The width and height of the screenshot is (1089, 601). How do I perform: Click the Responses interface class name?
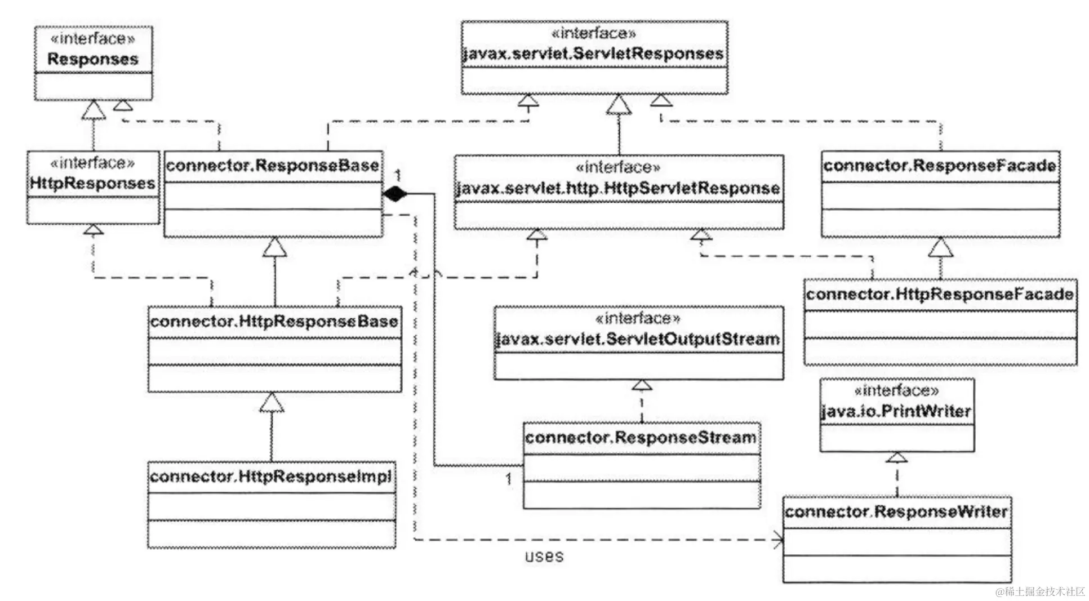click(x=93, y=59)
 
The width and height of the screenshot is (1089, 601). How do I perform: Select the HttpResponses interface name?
click(x=92, y=183)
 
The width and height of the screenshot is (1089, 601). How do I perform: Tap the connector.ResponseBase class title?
click(x=273, y=166)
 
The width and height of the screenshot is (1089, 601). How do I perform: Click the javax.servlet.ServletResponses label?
click(x=593, y=54)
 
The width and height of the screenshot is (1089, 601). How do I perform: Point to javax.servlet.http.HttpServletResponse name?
click(x=618, y=188)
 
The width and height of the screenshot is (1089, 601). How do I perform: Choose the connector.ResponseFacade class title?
click(x=940, y=166)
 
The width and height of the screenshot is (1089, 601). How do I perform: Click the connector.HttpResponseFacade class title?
click(x=940, y=294)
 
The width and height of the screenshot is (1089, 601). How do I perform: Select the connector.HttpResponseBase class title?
click(x=274, y=322)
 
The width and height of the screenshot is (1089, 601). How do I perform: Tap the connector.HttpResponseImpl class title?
click(x=271, y=477)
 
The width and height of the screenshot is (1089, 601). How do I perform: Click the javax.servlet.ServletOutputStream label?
click(x=638, y=340)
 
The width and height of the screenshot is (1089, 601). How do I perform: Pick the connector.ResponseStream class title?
click(x=641, y=438)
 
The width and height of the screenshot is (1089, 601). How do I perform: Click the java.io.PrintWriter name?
click(x=896, y=411)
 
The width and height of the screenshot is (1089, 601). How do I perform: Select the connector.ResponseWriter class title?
click(x=896, y=511)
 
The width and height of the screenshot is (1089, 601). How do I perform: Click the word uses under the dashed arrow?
click(x=544, y=557)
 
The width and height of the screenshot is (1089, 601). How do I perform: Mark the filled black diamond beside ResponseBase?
click(x=395, y=194)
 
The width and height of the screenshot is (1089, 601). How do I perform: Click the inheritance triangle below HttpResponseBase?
click(x=272, y=403)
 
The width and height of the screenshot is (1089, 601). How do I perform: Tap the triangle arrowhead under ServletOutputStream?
click(x=642, y=385)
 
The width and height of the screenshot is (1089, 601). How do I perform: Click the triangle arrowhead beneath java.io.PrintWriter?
click(x=896, y=457)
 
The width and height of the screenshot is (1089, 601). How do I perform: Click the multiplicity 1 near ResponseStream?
click(x=509, y=479)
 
